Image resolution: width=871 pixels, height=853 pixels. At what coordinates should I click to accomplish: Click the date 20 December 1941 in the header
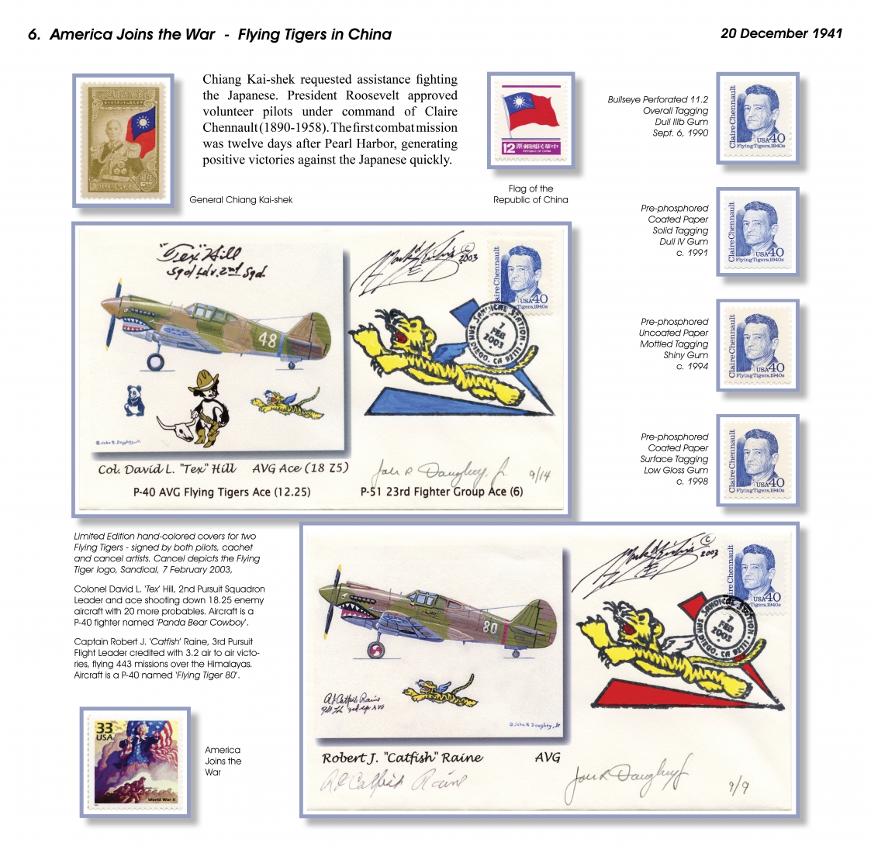(781, 33)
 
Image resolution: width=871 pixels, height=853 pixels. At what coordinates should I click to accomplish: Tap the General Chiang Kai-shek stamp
(123, 140)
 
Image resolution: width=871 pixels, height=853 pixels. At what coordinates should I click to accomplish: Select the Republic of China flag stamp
(531, 120)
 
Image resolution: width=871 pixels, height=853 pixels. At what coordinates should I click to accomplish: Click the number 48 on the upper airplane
(267, 340)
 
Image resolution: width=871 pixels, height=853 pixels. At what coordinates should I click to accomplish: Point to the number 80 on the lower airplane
(489, 627)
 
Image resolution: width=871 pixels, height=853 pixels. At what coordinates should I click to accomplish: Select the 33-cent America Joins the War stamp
(136, 762)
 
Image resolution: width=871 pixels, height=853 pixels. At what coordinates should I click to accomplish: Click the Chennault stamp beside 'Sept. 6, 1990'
(758, 118)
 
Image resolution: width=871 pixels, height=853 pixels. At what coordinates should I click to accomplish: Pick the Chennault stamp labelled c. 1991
(758, 232)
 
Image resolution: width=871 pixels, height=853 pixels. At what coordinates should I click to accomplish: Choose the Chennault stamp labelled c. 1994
(758, 345)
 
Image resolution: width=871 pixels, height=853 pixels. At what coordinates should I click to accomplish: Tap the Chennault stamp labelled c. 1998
(758, 460)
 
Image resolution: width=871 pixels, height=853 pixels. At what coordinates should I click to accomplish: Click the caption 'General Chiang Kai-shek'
(241, 200)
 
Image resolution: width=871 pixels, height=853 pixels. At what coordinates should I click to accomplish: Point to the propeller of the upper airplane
(112, 320)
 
